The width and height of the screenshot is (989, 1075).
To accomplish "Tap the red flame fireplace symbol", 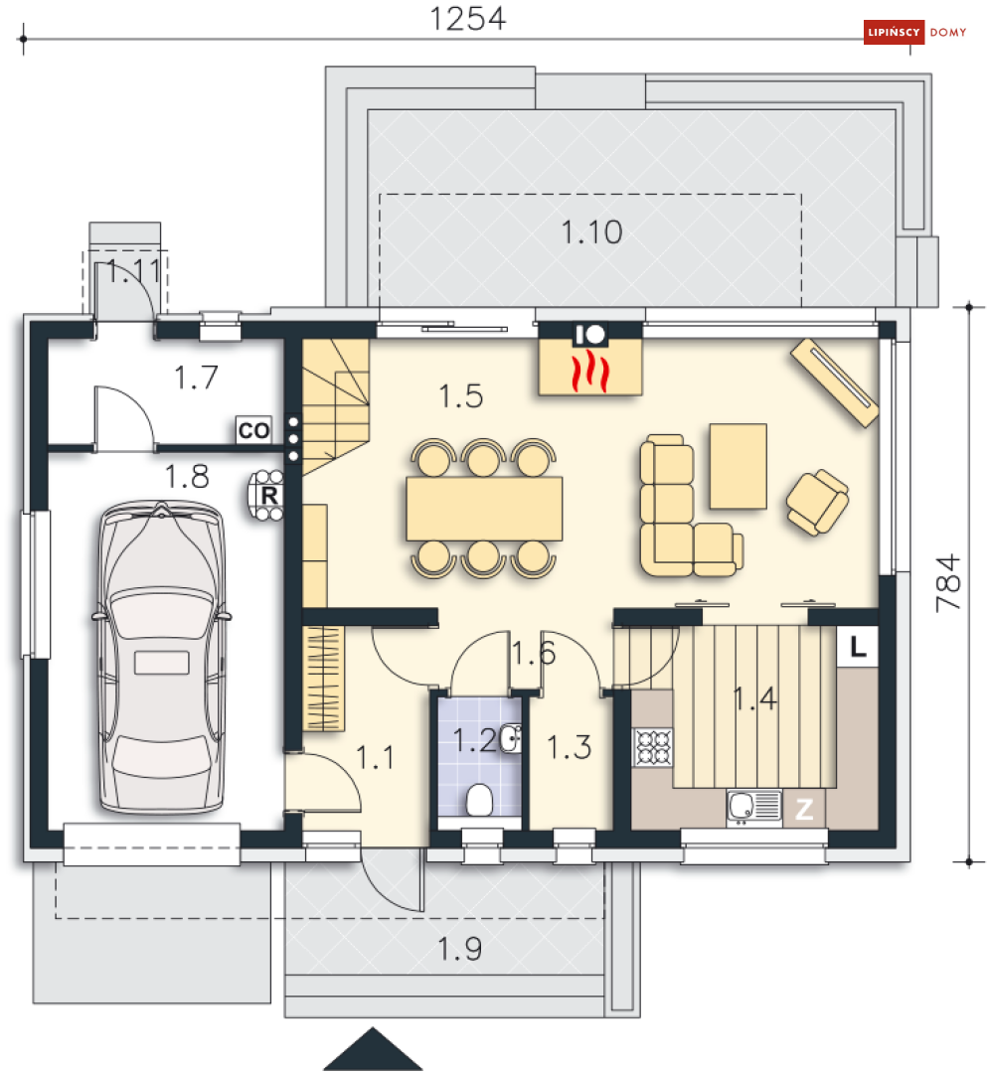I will [590, 371].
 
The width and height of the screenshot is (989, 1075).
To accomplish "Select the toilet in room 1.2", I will [479, 799].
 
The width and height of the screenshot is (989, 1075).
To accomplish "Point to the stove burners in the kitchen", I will [653, 748].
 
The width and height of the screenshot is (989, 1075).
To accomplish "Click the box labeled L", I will [859, 648].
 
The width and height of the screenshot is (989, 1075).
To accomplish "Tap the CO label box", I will [253, 430].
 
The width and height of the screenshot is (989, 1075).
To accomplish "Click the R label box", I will [267, 493].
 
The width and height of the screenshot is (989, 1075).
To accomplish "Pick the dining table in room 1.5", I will [484, 509].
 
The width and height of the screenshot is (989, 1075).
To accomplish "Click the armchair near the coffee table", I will [817, 501].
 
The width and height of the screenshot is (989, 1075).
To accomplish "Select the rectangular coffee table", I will [738, 465].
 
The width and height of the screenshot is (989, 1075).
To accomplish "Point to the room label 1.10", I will [591, 232].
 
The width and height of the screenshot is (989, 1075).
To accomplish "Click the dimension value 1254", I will [467, 19].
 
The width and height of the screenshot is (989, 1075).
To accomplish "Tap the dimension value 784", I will [949, 582].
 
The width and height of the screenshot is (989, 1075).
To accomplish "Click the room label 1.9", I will [459, 950].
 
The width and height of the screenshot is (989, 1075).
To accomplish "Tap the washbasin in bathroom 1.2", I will [510, 738].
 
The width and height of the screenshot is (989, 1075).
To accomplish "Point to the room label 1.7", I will [196, 378].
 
